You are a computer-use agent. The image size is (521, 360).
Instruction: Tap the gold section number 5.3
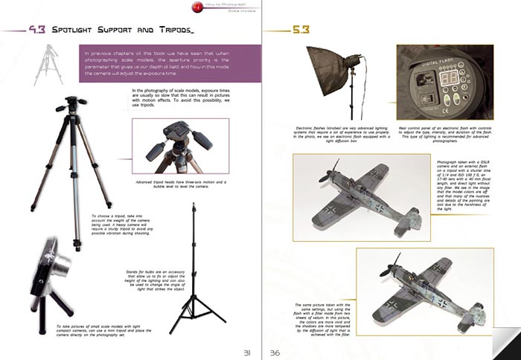(299, 30)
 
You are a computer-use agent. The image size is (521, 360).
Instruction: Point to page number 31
(240, 352)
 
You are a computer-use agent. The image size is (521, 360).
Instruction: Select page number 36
(275, 352)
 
